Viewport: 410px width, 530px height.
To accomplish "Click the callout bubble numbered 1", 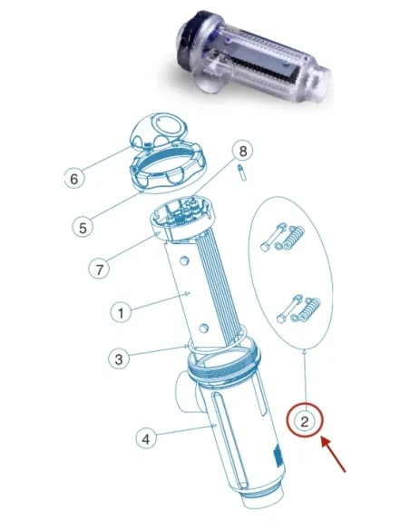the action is point(121,313).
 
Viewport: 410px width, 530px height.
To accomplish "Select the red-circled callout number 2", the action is point(305,421).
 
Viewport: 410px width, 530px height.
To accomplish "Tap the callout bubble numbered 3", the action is point(119,358).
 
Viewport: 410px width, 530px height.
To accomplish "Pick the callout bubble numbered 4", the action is point(146,439).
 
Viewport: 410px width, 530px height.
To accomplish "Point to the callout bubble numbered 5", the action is point(83,228).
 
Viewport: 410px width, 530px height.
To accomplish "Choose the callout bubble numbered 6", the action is point(74,178).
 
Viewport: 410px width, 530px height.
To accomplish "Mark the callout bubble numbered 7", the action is point(99,270).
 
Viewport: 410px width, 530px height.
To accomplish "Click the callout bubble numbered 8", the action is point(243,151).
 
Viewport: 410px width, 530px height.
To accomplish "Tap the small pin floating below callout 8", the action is point(242,172).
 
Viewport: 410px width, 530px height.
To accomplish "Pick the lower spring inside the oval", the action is point(310,308).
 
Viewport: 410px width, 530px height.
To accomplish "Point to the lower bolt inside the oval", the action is point(289,309).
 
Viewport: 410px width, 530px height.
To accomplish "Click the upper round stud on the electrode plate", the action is point(184,260).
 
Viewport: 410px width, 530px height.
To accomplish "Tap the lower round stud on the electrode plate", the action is point(204,328).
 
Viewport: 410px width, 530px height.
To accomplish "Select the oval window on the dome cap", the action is point(169,124).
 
